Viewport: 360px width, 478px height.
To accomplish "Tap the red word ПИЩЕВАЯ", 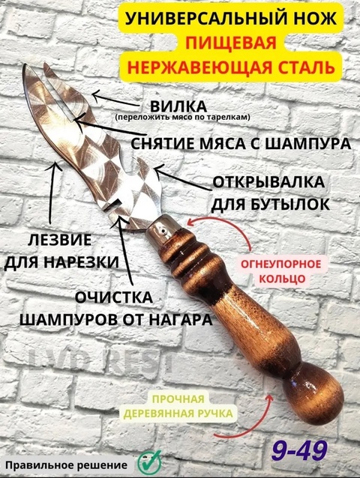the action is pos(231,43).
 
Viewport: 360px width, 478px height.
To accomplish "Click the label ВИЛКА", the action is pos(178,106).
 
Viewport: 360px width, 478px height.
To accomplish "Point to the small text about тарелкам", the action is pos(182,117).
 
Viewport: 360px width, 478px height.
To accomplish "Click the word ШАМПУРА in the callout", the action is pos(307,143).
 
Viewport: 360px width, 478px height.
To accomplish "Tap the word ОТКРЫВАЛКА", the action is pos(268,182).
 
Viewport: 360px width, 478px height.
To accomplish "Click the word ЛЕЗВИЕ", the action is pos(59,240).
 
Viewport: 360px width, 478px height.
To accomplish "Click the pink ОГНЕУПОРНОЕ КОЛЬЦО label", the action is pos(281,271).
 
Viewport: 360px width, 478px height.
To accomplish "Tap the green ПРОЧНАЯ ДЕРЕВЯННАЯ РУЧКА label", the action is pos(178,406).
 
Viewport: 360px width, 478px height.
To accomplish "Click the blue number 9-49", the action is pos(299,450).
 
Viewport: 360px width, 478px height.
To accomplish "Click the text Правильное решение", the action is pos(66,465).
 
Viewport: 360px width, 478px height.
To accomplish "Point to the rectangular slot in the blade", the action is pos(111,206).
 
